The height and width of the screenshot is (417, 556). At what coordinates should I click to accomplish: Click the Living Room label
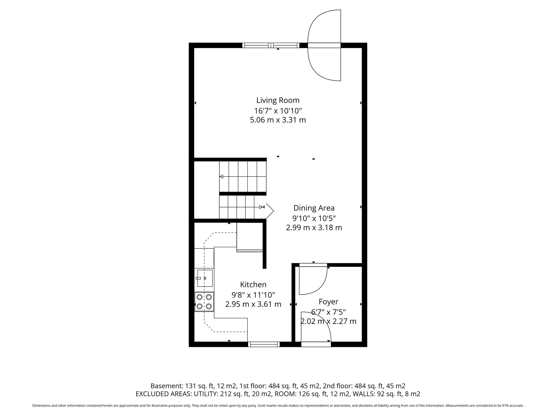278,100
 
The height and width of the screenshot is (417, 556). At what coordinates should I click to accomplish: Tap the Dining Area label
314,208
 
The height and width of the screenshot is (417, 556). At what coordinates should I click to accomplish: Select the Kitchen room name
253,285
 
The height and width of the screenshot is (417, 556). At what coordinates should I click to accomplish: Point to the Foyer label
328,302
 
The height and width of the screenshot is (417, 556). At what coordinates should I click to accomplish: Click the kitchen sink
205,278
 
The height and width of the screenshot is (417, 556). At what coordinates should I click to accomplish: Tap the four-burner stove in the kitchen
204,302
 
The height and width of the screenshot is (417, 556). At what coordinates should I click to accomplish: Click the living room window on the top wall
271,45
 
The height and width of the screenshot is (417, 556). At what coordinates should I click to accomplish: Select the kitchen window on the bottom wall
264,344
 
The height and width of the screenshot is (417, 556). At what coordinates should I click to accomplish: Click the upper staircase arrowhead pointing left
221,176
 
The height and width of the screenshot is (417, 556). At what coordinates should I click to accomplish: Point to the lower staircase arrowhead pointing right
261,207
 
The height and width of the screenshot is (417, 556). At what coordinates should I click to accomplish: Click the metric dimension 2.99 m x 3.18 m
314,228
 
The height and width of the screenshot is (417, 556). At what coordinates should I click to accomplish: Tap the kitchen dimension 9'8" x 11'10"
253,295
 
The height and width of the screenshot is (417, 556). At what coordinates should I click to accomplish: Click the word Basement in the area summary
166,386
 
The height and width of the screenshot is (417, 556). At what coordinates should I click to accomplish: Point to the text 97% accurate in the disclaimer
512,406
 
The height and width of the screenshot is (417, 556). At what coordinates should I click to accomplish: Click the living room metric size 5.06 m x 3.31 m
278,120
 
